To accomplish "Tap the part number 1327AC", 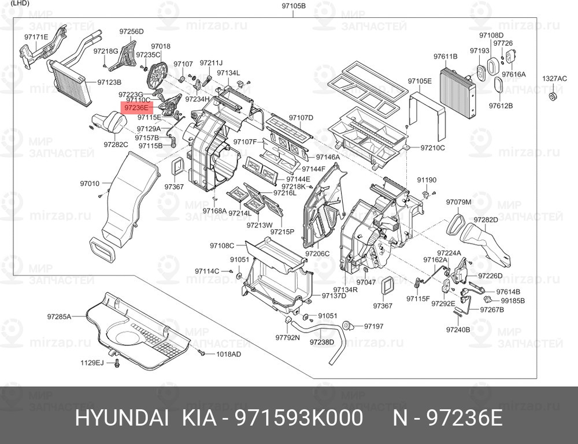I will [x=554, y=78].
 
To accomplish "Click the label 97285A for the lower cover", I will [x=59, y=316].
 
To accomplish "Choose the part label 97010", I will [x=90, y=184].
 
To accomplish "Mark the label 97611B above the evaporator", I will [x=445, y=56].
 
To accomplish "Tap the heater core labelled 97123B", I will [x=71, y=84].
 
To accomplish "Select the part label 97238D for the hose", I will [x=322, y=342].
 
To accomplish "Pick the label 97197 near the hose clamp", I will [x=373, y=326].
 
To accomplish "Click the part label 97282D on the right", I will [x=486, y=220].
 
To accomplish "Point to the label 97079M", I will [x=459, y=202].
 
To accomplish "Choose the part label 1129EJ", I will [x=92, y=363].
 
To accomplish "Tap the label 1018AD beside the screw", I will [x=228, y=354].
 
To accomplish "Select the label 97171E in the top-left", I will [x=36, y=37].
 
